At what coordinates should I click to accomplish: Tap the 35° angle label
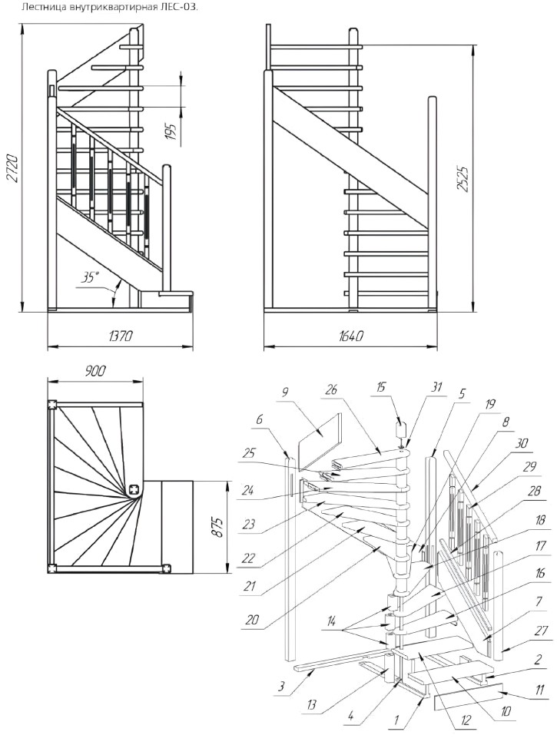(91, 278)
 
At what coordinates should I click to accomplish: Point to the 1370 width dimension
(120, 336)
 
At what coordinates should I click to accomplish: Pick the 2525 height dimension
(463, 178)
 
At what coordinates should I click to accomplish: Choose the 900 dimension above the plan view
(95, 371)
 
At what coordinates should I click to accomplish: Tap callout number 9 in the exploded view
(285, 392)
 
